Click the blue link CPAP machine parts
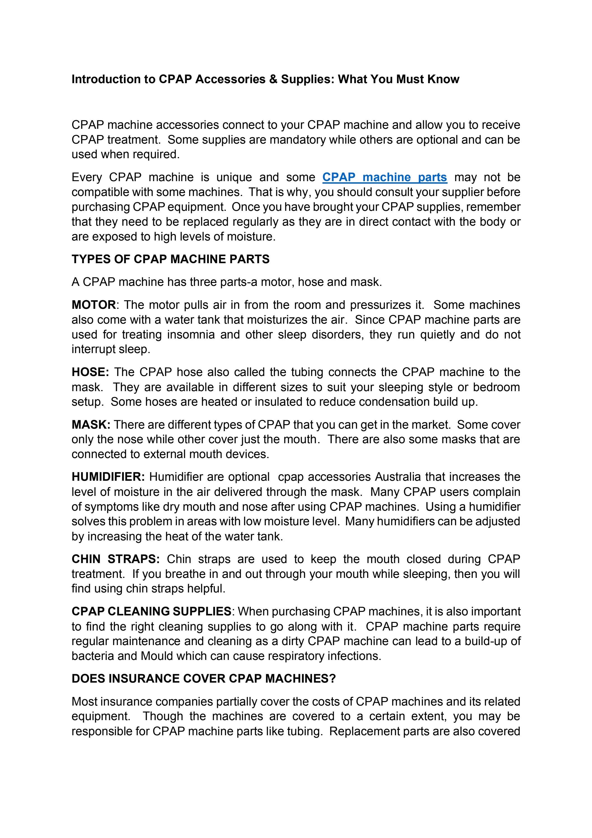click(384, 178)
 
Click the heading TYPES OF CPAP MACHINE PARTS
click(170, 259)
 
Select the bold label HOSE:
click(90, 372)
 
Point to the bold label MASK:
click(91, 425)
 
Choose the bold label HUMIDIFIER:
click(108, 477)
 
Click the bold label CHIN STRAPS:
click(116, 559)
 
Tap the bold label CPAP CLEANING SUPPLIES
click(151, 611)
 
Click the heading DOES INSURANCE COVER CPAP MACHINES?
click(204, 679)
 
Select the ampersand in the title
click(273, 79)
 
